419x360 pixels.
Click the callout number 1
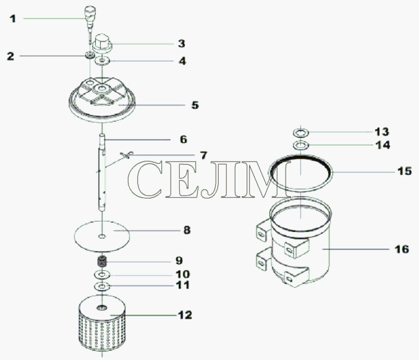coord(13,19)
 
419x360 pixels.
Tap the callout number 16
coord(402,249)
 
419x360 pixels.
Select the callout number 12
coord(185,315)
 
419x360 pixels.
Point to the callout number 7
coord(203,155)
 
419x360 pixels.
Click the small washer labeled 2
coord(90,56)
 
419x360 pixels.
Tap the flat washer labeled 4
coord(103,61)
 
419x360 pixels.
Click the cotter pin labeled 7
coord(125,155)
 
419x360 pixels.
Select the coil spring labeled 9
coord(102,261)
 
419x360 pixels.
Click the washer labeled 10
coord(102,275)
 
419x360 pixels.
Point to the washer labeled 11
coord(102,287)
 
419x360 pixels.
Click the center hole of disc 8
coord(102,236)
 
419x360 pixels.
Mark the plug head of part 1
coord(90,12)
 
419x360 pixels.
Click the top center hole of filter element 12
coord(102,308)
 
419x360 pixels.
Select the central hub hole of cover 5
coord(102,88)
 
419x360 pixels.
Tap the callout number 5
coord(195,105)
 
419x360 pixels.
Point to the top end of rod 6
coord(102,135)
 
